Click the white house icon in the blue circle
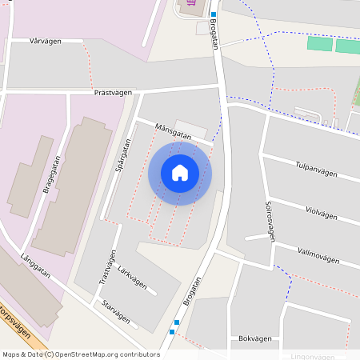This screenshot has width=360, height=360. (x=180, y=173)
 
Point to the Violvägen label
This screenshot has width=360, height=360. (x=322, y=214)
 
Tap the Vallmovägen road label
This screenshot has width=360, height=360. (x=318, y=256)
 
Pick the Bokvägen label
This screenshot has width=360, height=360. (x=255, y=338)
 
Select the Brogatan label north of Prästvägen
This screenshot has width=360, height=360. (x=215, y=34)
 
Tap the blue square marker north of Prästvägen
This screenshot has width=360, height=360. (x=214, y=14)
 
